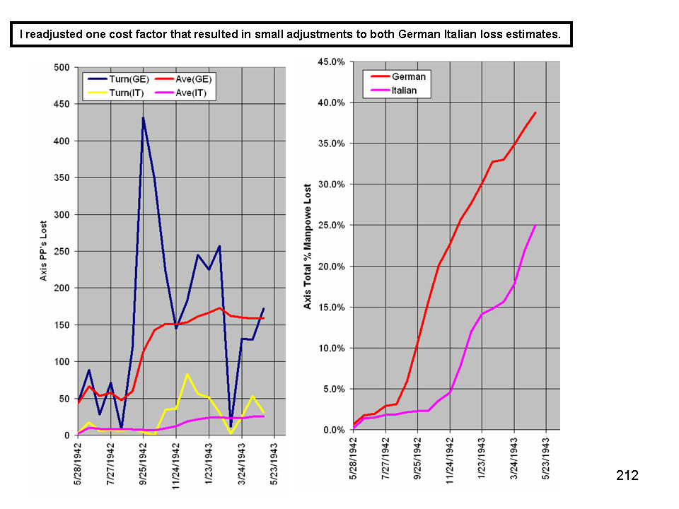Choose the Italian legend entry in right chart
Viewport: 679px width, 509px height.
click(x=405, y=90)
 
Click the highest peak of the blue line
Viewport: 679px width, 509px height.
click(x=143, y=118)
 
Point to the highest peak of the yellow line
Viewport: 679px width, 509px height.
click(x=187, y=374)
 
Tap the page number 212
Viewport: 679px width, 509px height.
click(x=627, y=476)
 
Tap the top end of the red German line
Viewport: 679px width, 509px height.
click(x=535, y=112)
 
